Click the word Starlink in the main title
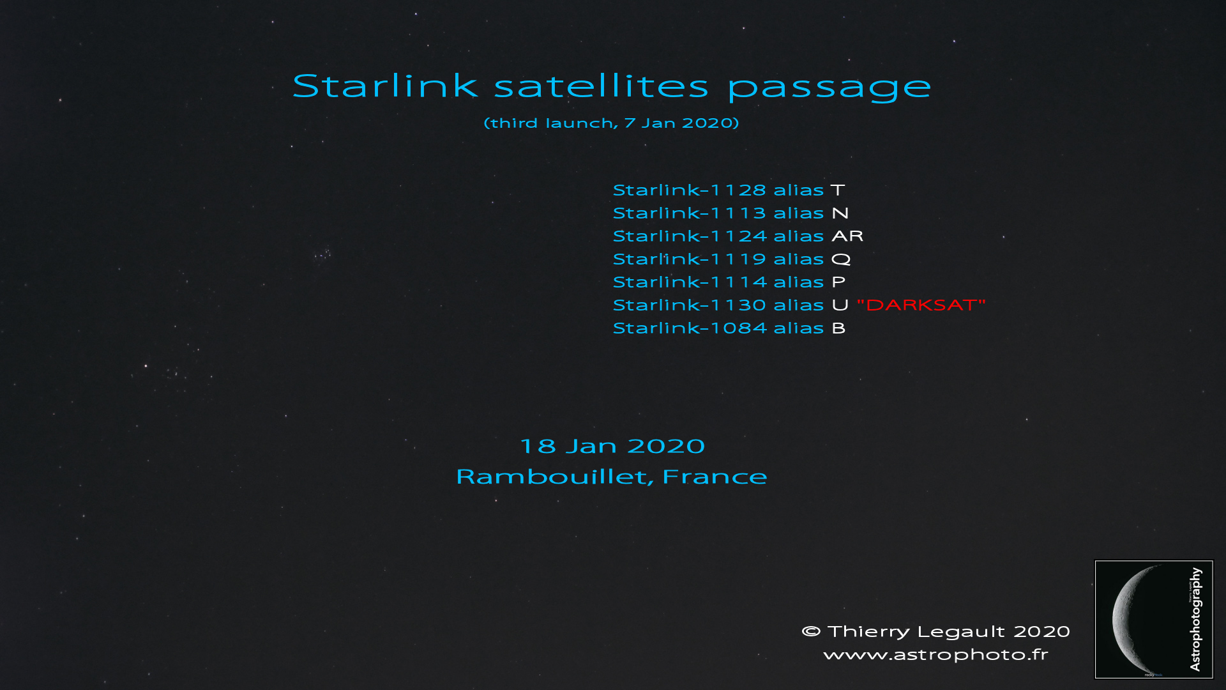tap(385, 86)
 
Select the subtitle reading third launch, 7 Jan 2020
tap(612, 123)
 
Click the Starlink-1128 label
tap(690, 190)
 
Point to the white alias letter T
tap(838, 190)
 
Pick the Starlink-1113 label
tap(690, 213)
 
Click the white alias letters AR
tap(847, 236)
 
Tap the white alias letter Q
tap(841, 259)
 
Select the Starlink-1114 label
tap(690, 282)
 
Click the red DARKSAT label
tap(921, 305)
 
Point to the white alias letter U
tap(840, 305)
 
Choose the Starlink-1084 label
tap(690, 328)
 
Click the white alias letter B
tap(839, 328)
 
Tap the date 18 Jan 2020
tap(612, 446)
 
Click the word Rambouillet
tap(555, 477)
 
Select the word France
tap(715, 477)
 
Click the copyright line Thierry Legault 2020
tap(936, 631)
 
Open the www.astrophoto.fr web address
tap(936, 655)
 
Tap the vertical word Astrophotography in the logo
tap(1195, 619)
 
